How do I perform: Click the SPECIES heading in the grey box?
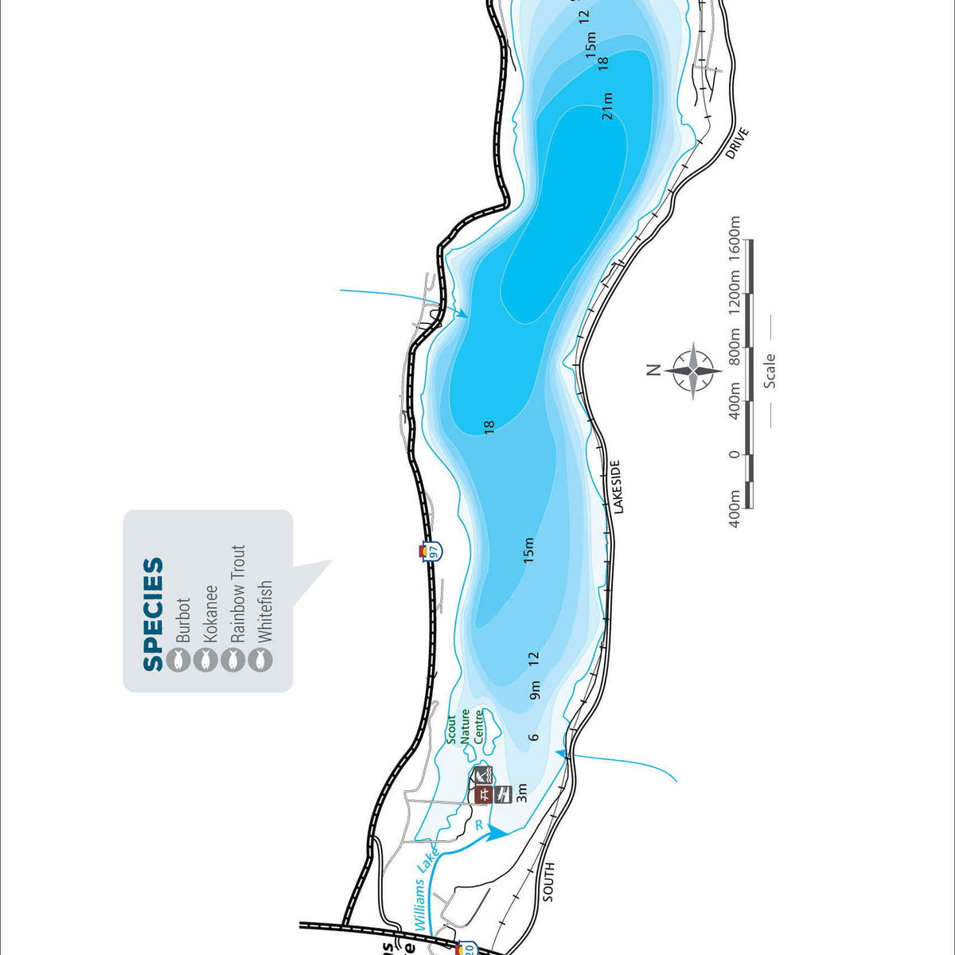[x=154, y=614]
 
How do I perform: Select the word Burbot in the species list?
[x=183, y=621]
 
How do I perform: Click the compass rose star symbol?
[x=694, y=370]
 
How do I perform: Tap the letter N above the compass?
[x=653, y=369]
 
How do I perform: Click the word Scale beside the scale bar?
[x=770, y=371]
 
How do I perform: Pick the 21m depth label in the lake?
[x=608, y=106]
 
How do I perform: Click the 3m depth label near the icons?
[x=522, y=793]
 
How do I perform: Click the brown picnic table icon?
[x=482, y=794]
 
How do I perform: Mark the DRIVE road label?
[x=739, y=143]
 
